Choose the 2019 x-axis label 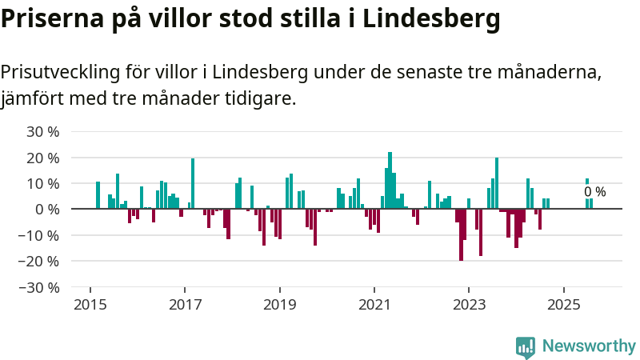coord(279,305)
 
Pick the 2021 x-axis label coord(374,305)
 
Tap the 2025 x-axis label coord(563,305)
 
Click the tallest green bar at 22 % coord(390,180)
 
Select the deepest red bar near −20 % coord(461,234)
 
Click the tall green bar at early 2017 coord(193,183)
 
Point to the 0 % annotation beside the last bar coord(595,192)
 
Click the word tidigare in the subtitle coord(262,99)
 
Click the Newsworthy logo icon coord(526,346)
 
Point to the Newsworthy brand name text coord(589,346)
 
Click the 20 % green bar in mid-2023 coord(497,183)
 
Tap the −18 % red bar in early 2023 coord(481,232)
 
